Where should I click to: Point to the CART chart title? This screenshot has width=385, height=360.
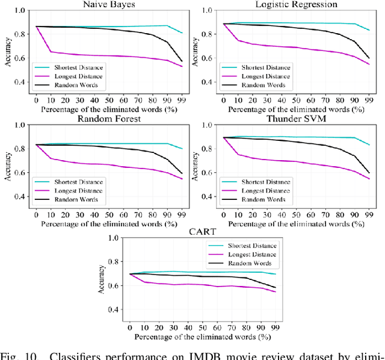point(202,231)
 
